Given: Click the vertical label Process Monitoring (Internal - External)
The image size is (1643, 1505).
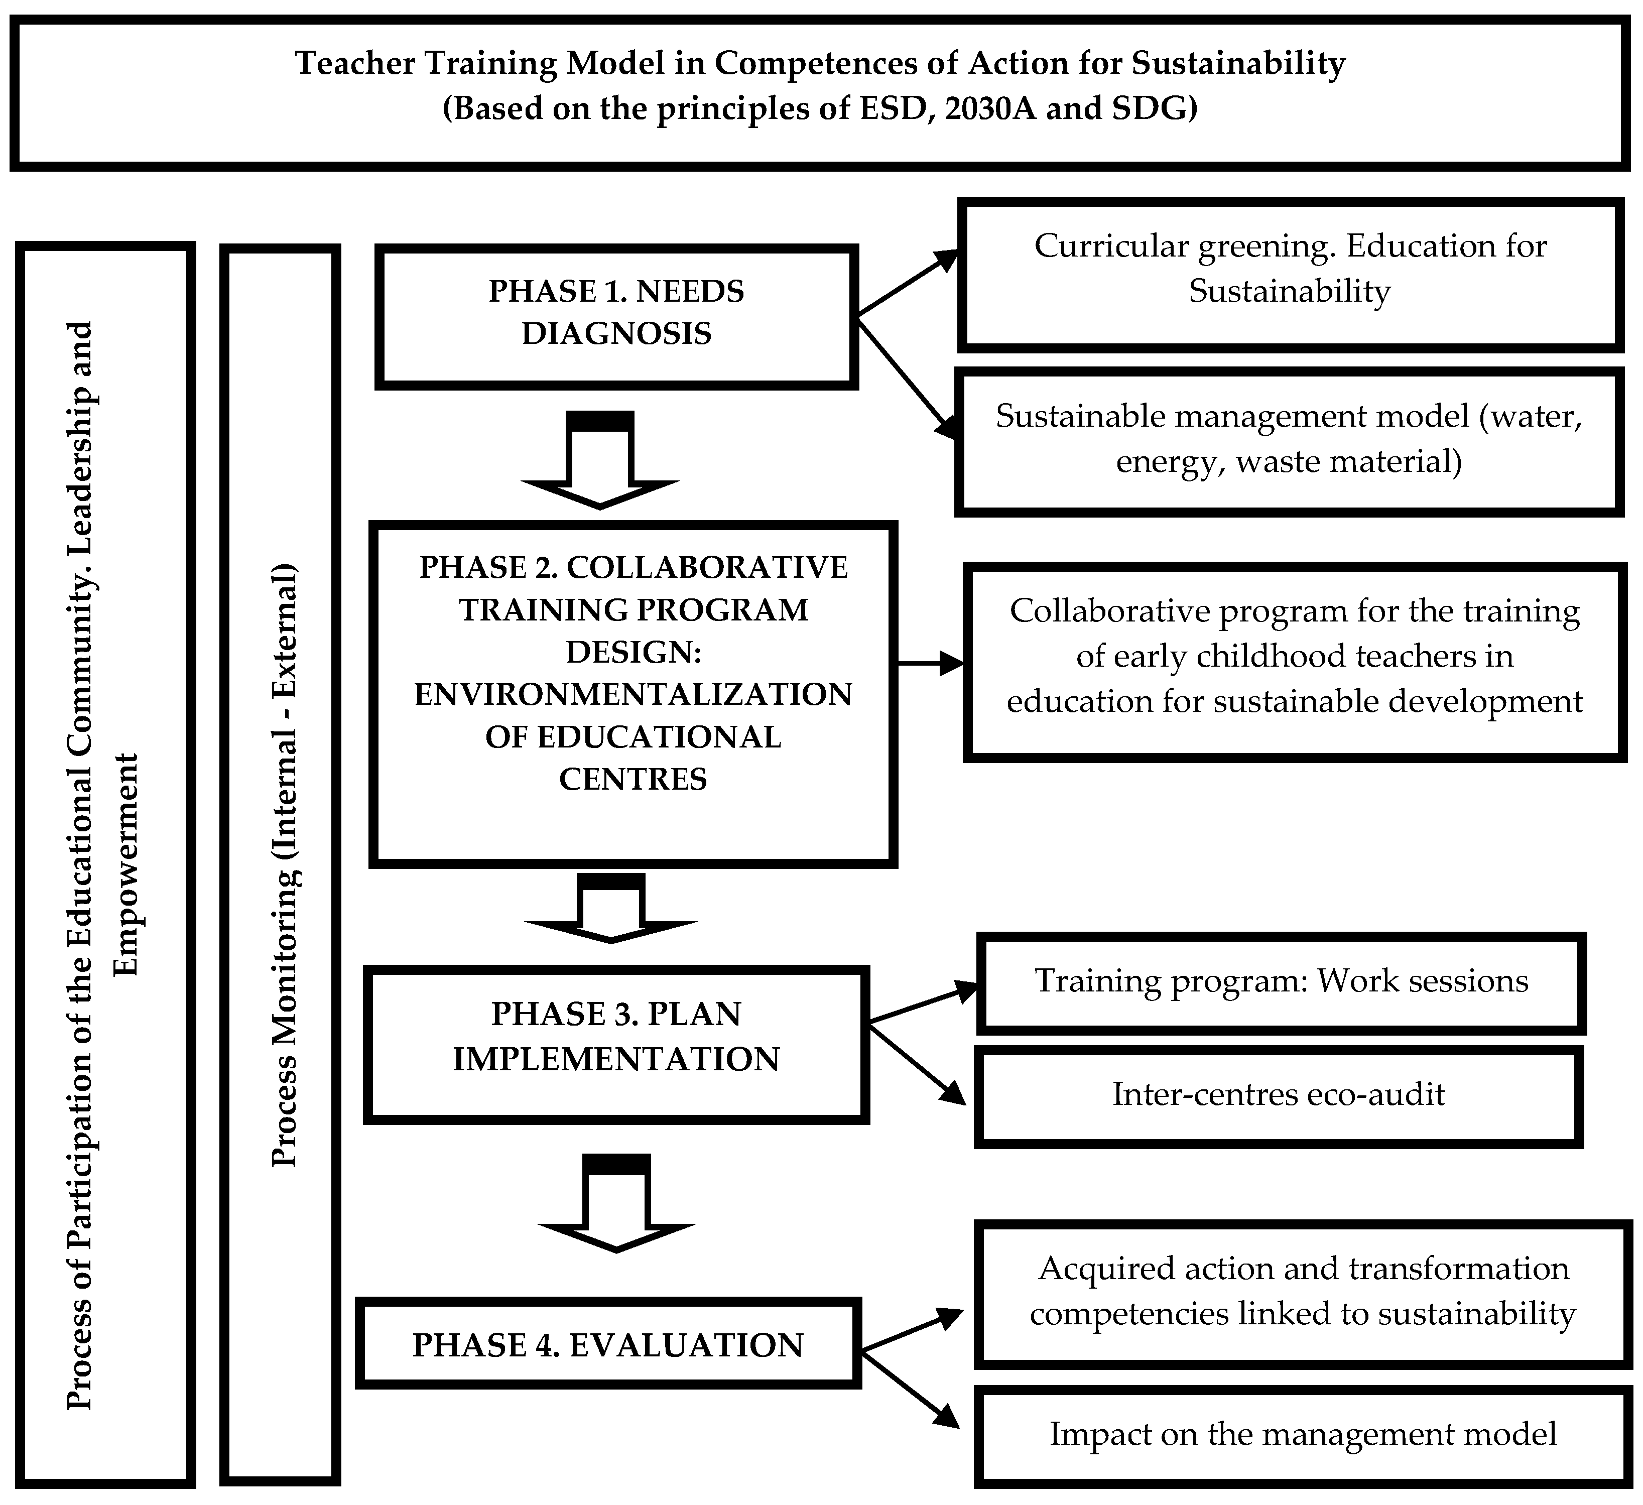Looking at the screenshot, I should click(285, 865).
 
